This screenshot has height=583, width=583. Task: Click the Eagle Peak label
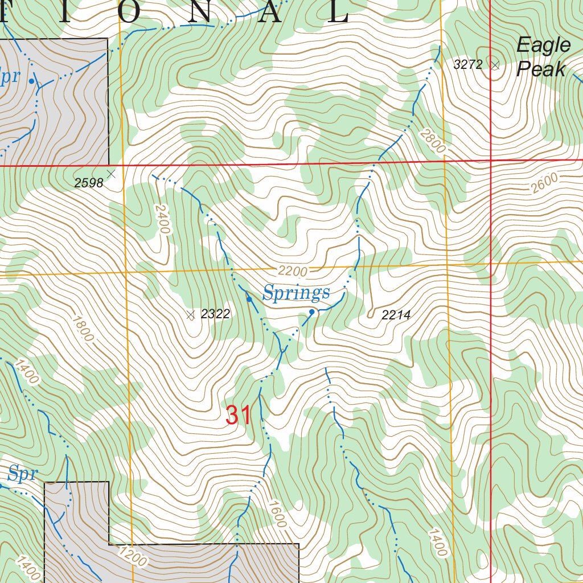coord(543,58)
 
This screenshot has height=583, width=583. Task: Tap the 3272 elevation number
coord(468,65)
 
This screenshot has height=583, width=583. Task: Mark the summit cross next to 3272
coord(495,65)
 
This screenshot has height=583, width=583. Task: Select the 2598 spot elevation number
coord(88,183)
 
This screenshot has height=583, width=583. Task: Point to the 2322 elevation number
coord(215,314)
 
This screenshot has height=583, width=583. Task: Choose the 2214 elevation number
coord(396,315)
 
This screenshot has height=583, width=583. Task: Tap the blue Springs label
coord(296,294)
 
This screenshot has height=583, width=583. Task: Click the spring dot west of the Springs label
coord(249,299)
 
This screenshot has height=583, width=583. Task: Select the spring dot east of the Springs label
coord(312,312)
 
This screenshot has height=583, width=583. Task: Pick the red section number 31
coord(238,416)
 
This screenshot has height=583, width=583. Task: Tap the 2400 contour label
coord(162,219)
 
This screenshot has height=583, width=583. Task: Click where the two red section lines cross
coord(491,161)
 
